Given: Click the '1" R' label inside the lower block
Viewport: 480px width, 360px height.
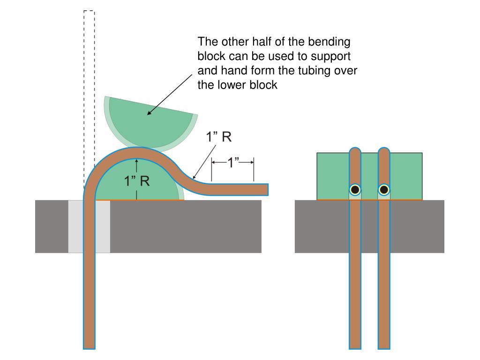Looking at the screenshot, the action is pos(137,181).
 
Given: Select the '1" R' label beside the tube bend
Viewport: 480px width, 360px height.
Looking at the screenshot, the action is pos(218,136).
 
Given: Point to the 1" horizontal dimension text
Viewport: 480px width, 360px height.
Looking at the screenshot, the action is pos(232,162).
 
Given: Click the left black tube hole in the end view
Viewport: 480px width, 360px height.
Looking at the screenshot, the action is pos(355,190).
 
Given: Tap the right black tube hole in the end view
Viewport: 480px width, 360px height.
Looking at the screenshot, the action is pos(384,190).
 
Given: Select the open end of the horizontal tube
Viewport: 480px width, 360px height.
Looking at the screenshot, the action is pos(268,189).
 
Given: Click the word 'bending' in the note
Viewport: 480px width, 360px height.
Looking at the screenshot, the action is pos(329,42).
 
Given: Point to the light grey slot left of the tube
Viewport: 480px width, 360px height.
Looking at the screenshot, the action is pos(75,226).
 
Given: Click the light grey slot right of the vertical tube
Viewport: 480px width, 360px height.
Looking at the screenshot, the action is pos(103,226).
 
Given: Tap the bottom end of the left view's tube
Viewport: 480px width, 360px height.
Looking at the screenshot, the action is pos(89,348).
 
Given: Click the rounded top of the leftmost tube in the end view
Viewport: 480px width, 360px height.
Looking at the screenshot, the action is pos(355,150).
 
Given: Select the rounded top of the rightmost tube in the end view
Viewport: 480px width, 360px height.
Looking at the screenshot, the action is pos(384,150).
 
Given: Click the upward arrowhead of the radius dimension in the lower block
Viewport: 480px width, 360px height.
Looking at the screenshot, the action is pos(136,160).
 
